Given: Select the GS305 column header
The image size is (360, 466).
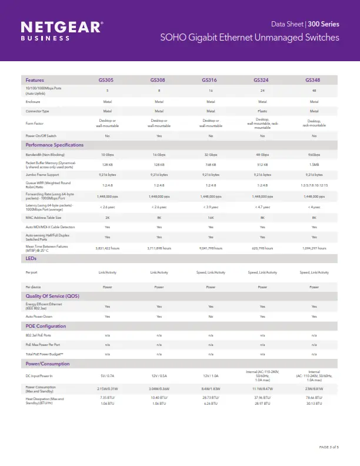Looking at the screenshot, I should point(107,80).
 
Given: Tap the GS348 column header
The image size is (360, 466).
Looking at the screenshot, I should point(314,80).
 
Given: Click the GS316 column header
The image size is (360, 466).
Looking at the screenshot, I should point(211,80).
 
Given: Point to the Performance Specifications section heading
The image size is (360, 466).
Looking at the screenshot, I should point(54,145).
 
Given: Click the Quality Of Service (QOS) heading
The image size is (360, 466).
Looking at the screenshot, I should point(52,295).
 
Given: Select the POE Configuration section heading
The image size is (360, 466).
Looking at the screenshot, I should point(45,326).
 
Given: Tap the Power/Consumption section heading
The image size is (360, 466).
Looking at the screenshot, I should point(47,364).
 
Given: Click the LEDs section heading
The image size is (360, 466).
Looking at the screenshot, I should point(31,258).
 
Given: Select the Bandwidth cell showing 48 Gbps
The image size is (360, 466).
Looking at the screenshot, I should point(262,154).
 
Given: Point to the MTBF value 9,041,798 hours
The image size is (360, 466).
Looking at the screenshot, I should point(211,248).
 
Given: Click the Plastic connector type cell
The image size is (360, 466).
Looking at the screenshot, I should point(262,111).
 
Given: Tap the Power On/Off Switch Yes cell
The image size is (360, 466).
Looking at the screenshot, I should point(159,135).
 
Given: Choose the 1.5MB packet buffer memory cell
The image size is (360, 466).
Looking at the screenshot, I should point(314,165).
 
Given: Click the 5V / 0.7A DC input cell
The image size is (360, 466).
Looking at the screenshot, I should point(107,375).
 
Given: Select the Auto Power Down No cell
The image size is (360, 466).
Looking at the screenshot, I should point(211,317).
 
